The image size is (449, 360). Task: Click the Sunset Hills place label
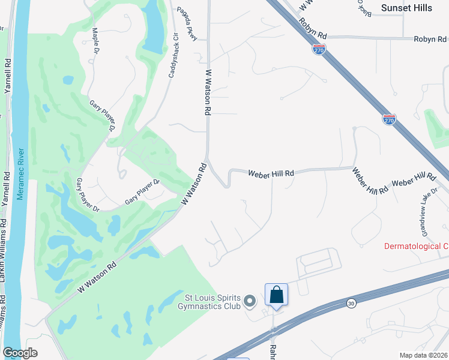pyautogui.click(x=406, y=8)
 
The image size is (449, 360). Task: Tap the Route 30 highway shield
pyautogui.click(x=351, y=304)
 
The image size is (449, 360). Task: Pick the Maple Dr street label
pyautogui.click(x=95, y=40)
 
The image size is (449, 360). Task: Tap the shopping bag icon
pyautogui.click(x=276, y=295)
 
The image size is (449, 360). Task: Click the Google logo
pyautogui.click(x=20, y=353)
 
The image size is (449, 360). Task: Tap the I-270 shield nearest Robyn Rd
pyautogui.click(x=319, y=49)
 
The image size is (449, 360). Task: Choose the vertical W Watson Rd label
pyautogui.click(x=208, y=92)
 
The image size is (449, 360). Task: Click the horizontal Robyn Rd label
pyautogui.click(x=429, y=39)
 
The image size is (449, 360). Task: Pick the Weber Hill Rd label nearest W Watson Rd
pyautogui.click(x=271, y=173)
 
